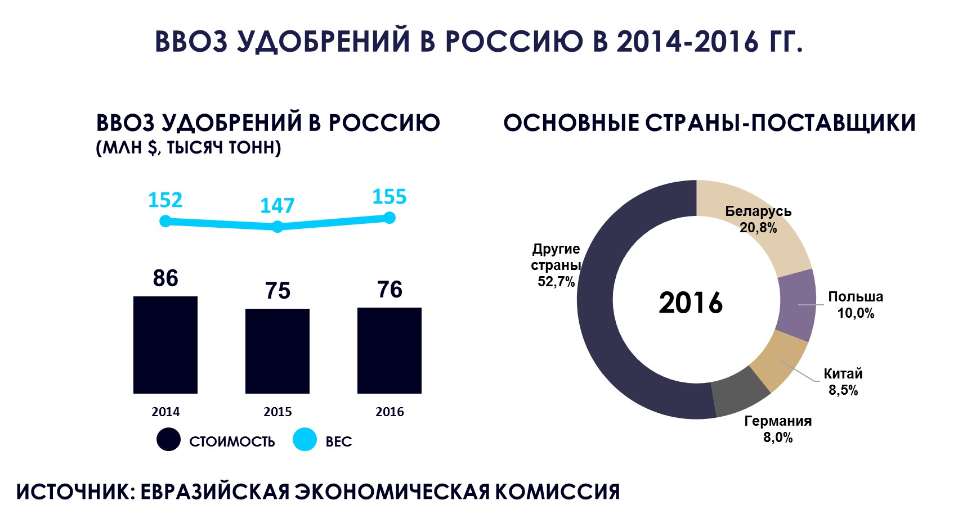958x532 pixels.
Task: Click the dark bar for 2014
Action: [x=165, y=345]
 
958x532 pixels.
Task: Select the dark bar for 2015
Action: [x=277, y=351]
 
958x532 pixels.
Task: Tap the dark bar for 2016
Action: [x=390, y=350]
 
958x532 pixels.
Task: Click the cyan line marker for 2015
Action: [x=277, y=227]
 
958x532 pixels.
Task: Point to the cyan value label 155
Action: [x=389, y=197]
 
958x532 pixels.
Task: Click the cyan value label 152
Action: [x=165, y=200]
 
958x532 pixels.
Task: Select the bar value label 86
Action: [x=165, y=278]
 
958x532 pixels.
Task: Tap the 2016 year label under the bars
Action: [x=390, y=412]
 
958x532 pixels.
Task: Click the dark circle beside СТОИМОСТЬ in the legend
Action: [x=168, y=440]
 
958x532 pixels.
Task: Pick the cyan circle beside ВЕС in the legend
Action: [x=305, y=440]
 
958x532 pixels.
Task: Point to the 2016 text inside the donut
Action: [x=691, y=303]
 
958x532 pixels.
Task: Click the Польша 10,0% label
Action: [x=855, y=305]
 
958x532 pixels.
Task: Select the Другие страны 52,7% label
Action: [x=556, y=265]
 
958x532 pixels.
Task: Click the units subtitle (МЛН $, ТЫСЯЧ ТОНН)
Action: [x=189, y=148]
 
